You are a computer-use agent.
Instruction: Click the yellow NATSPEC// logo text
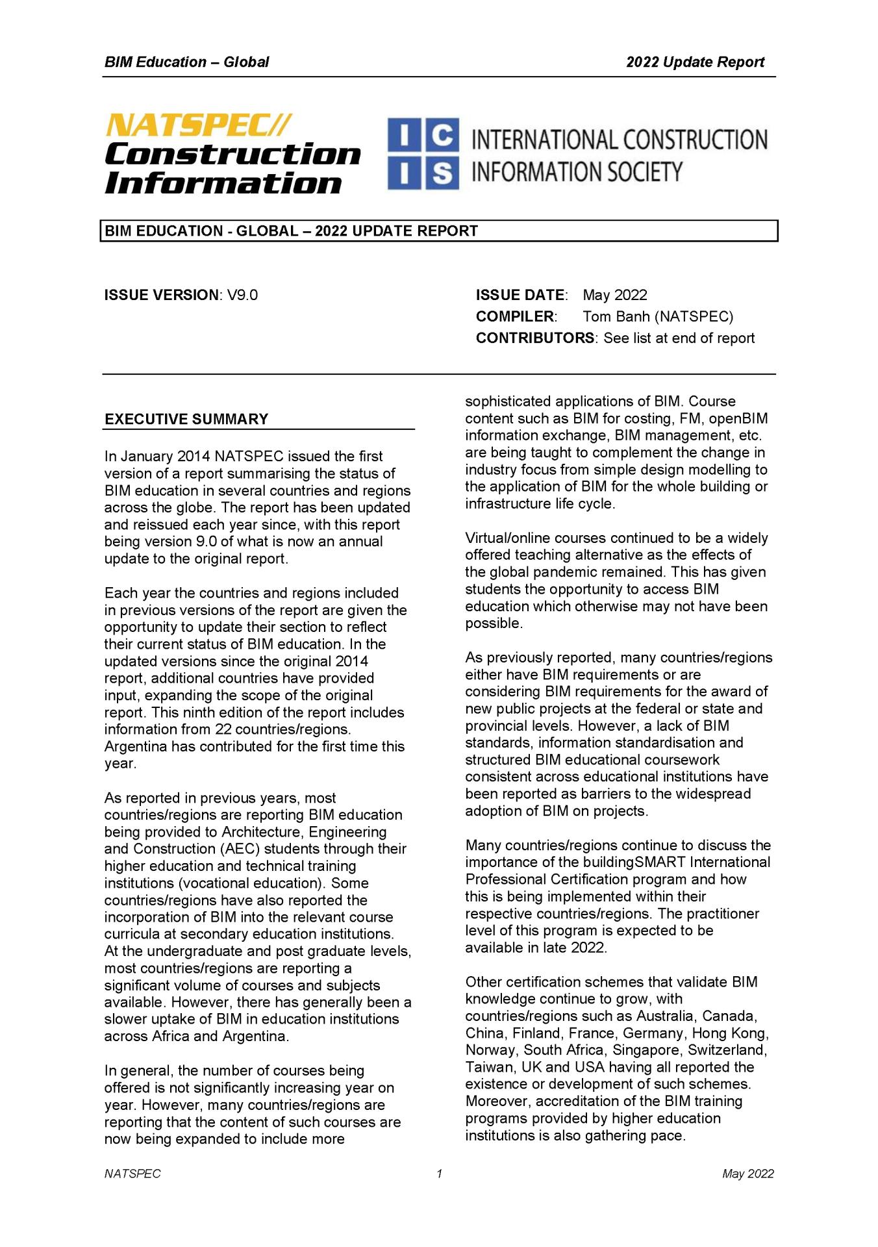(x=198, y=125)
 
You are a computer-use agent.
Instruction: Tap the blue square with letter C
(x=442, y=135)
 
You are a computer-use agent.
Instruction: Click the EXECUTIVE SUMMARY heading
(x=186, y=419)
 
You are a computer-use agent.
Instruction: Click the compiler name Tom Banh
(x=616, y=316)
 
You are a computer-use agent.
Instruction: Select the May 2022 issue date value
(x=614, y=295)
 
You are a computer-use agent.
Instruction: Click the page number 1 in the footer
(x=439, y=1174)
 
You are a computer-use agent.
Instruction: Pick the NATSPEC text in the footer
(x=132, y=1174)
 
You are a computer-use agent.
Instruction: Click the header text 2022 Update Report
(x=695, y=62)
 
